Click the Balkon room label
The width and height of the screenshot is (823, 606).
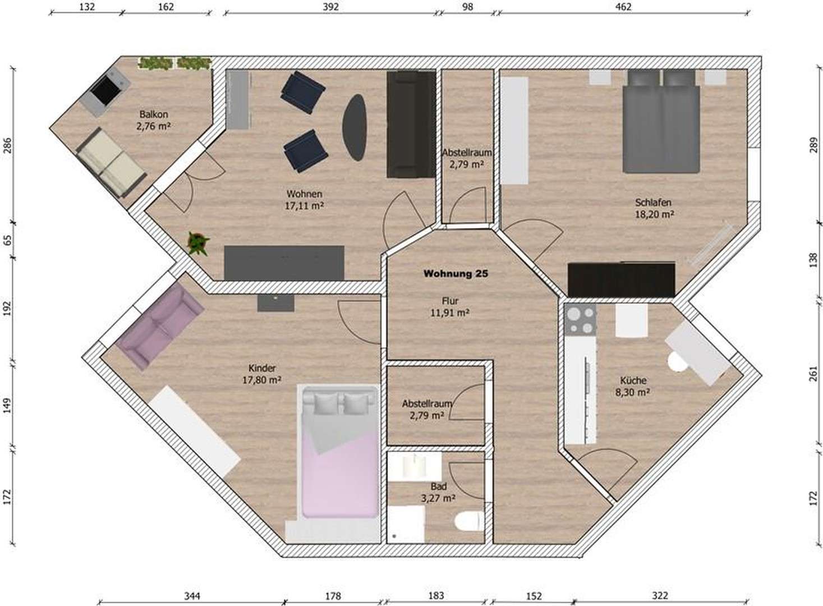tap(153, 114)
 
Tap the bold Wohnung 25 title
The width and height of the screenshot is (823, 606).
tap(455, 274)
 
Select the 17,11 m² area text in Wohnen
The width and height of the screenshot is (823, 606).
tap(304, 206)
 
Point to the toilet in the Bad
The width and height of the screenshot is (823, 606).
tap(469, 521)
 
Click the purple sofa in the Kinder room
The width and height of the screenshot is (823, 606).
tap(160, 325)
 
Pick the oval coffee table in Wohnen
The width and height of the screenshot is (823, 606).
tap(355, 127)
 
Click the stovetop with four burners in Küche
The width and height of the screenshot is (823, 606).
tap(580, 320)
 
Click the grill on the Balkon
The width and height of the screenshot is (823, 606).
tap(104, 91)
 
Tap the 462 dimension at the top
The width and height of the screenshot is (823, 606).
tap(623, 7)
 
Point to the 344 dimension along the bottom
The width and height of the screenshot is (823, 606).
tap(192, 596)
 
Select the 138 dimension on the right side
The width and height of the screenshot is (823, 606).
tap(813, 260)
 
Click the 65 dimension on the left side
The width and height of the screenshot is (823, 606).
tap(7, 240)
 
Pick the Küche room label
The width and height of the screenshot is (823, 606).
tap(633, 380)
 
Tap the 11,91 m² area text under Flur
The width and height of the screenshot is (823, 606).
tap(449, 313)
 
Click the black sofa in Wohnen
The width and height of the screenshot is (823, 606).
tap(411, 124)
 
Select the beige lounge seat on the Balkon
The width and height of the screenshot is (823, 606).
tap(112, 162)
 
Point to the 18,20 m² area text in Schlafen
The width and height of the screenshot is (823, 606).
tap(654, 214)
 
